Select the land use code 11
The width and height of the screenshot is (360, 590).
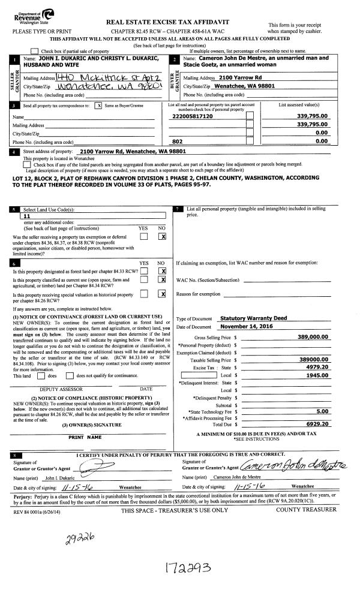tap(27, 216)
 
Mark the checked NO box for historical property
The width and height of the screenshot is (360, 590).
tap(161, 294)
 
